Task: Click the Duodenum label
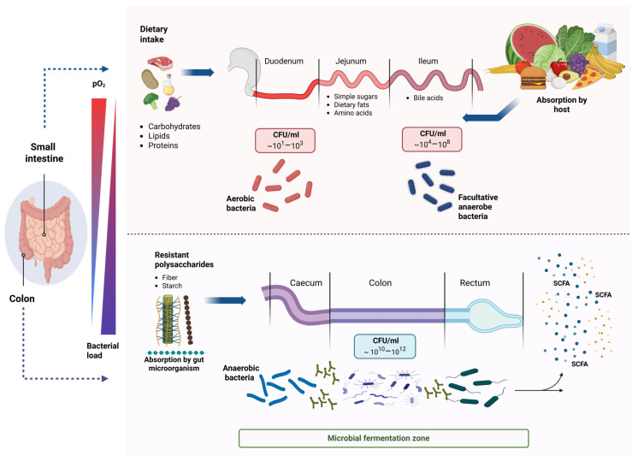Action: tap(284, 61)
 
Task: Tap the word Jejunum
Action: tap(351, 61)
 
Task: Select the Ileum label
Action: tap(428, 61)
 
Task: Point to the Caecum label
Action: tap(306, 282)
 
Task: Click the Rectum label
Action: tap(475, 282)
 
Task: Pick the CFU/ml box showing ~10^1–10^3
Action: tap(285, 140)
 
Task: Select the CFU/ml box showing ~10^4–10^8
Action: tap(432, 139)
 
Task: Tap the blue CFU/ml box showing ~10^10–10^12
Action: tap(385, 346)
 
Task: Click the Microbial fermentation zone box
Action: tap(383, 438)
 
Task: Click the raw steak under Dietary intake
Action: tap(160, 63)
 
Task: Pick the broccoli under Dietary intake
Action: tap(151, 101)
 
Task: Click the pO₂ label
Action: tap(99, 84)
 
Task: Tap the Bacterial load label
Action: tap(103, 351)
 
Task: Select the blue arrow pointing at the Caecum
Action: tap(226, 300)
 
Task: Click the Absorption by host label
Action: tap(562, 104)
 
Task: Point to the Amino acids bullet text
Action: tap(352, 113)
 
